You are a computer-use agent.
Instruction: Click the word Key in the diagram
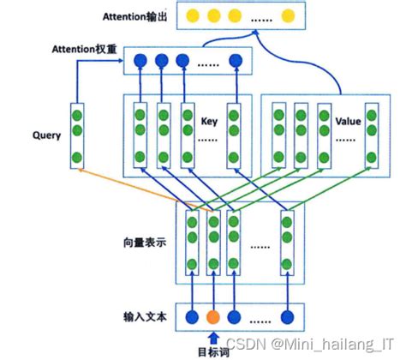pos(209,121)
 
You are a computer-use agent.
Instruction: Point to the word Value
pos(347,122)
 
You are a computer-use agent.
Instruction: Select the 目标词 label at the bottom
pos(213,351)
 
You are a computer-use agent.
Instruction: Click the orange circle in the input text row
pos(213,314)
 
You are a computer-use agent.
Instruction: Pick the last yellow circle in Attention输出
pos(288,15)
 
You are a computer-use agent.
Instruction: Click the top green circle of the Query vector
pos(78,113)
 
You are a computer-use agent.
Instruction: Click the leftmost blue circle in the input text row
pos(190,314)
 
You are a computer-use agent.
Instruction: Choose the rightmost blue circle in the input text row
pos(287,314)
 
